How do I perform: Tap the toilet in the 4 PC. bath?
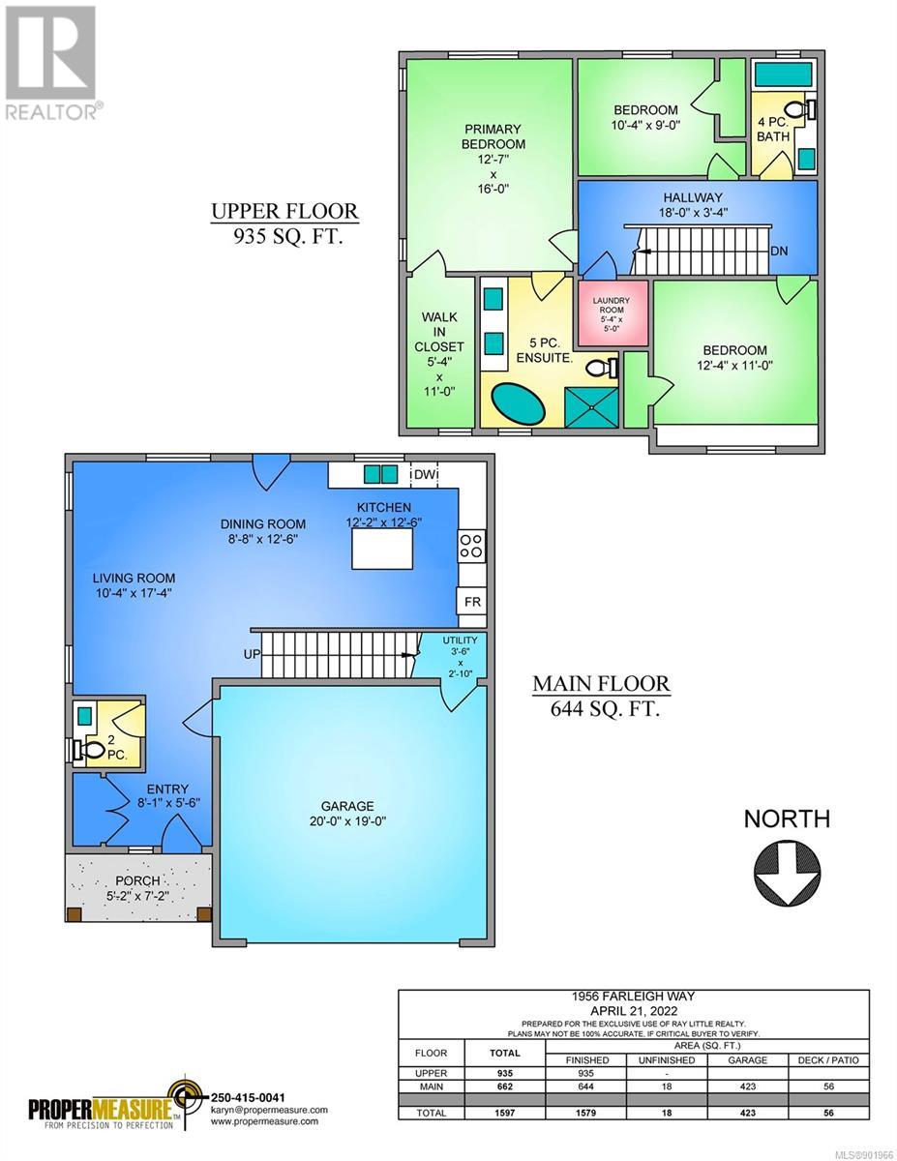[x=802, y=110]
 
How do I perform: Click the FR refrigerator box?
[x=472, y=602]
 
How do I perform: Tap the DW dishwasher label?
[x=424, y=474]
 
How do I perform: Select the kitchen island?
[x=382, y=549]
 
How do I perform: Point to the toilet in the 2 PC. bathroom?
[x=88, y=750]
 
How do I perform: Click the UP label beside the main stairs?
[x=252, y=653]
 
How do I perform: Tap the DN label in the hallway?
[x=779, y=251]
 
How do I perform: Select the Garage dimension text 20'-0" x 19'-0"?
[x=347, y=820]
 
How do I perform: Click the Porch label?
[x=137, y=880]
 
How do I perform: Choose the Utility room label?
[x=460, y=640]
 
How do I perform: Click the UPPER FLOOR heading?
[x=284, y=211]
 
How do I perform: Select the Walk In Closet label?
[x=439, y=332]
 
